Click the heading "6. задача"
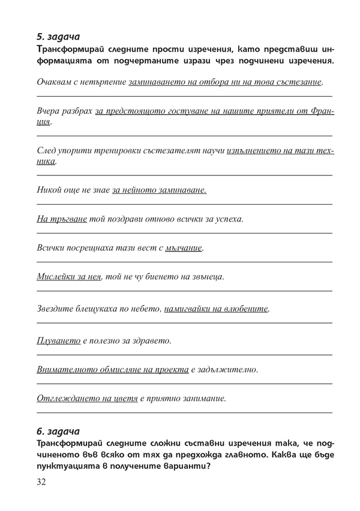pyautogui.click(x=58, y=431)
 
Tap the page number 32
pyautogui.click(x=43, y=482)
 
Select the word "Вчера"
pyautogui.click(x=49, y=112)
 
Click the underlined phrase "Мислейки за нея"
pyautogui.click(x=69, y=277)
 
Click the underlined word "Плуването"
pyautogui.click(x=59, y=340)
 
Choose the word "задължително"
pyautogui.click(x=227, y=369)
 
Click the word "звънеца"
pyautogui.click(x=207, y=277)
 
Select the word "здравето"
pyautogui.click(x=152, y=340)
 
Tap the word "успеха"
pyautogui.click(x=228, y=219)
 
